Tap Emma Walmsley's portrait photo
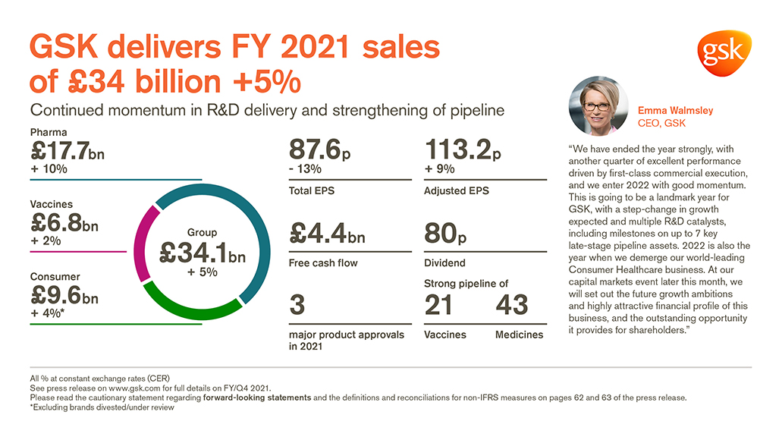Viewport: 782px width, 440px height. click(x=598, y=105)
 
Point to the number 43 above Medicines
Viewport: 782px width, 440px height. click(x=511, y=305)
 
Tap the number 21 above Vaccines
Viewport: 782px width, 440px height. click(x=438, y=305)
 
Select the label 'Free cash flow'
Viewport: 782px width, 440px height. click(x=323, y=263)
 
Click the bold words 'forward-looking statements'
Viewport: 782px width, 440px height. click(x=250, y=398)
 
